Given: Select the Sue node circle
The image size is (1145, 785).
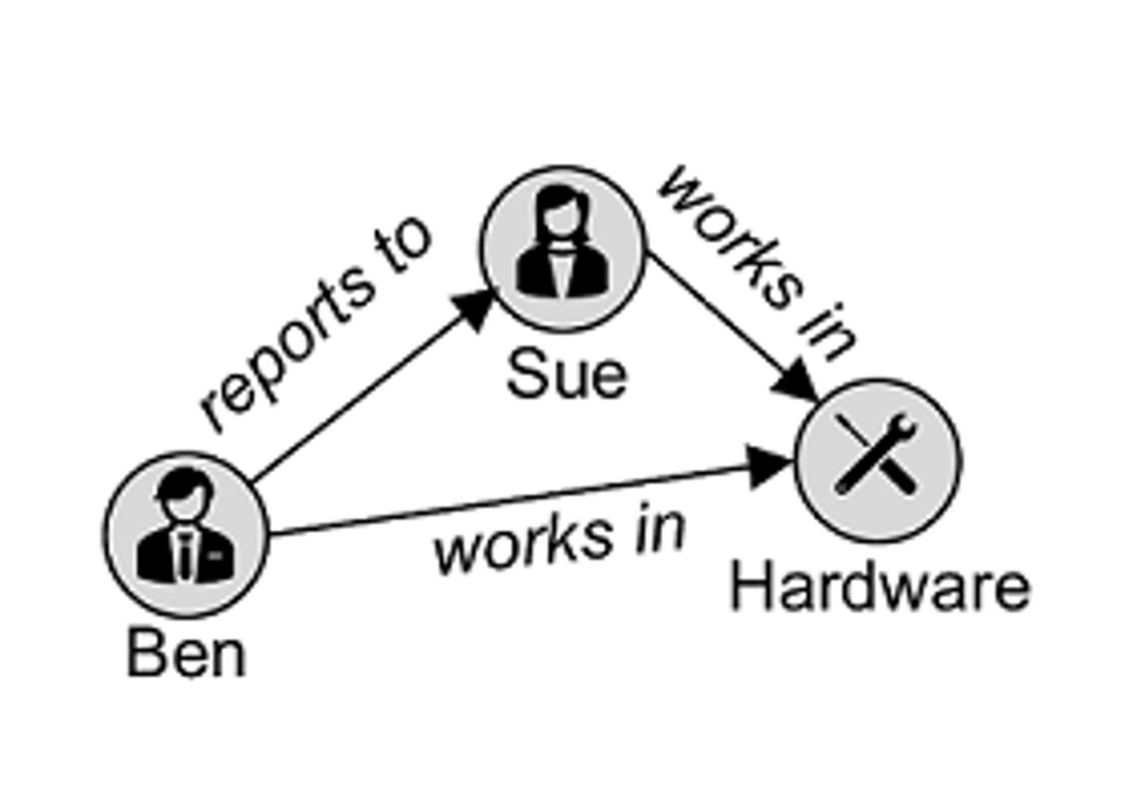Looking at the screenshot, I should [562, 248].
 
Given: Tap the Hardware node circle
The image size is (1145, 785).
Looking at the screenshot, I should [878, 461].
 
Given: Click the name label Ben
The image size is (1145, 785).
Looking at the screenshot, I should [187, 655].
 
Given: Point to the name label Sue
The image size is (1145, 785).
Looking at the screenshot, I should [566, 375].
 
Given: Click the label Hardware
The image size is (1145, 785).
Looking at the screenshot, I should [879, 588].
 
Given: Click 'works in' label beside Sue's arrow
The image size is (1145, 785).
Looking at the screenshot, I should [755, 262].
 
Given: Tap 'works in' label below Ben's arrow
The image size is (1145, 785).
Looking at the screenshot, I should [559, 542].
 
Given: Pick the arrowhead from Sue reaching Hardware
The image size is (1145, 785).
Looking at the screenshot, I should [798, 384].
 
